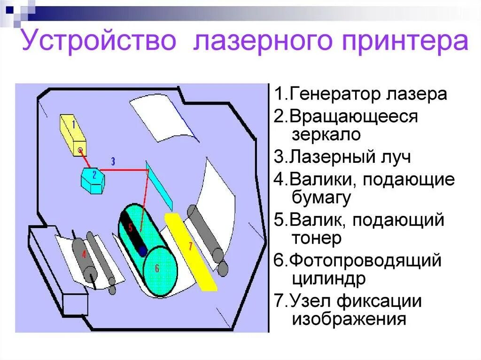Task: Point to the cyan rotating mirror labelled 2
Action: (x=94, y=178)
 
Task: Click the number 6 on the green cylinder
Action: (x=157, y=268)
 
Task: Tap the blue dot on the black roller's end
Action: (x=142, y=251)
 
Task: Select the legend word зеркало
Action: (x=326, y=135)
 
